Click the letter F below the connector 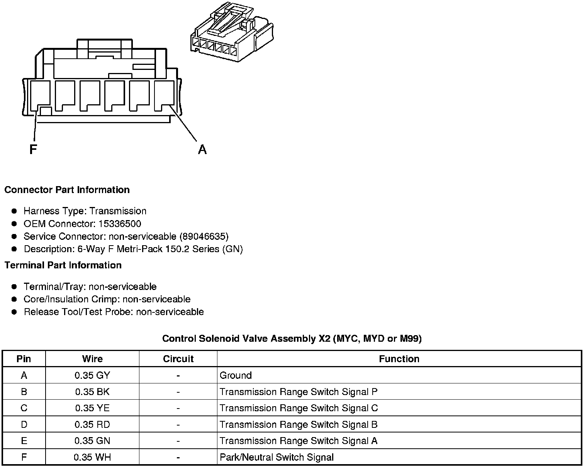pos(33,149)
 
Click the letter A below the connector pos(202,149)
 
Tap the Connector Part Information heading pos(67,190)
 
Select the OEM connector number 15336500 pos(120,224)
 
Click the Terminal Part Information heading pos(63,265)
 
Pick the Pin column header pos(24,359)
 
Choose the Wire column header pos(92,359)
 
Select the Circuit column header pos(178,359)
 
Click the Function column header pos(399,359)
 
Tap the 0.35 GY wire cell pos(92,375)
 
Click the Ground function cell pos(236,375)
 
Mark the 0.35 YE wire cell pos(92,408)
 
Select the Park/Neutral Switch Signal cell pos(277,458)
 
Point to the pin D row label pos(24,425)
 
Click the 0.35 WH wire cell pos(92,458)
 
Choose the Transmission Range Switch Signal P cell pos(299,392)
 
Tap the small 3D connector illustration pos(232,33)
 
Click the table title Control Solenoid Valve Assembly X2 pos(292,339)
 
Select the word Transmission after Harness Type pos(118,211)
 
